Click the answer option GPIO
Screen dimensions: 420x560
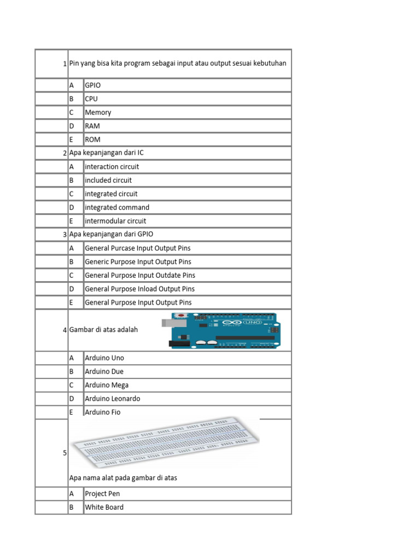coord(93,85)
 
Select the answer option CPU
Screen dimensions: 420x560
coord(91,99)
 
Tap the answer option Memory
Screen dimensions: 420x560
coord(98,113)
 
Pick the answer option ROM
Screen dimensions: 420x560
coord(92,139)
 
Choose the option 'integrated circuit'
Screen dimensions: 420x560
coord(111,194)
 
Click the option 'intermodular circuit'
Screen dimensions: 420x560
coord(115,221)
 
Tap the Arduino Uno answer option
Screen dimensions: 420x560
coord(104,358)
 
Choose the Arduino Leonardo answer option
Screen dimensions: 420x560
coord(112,399)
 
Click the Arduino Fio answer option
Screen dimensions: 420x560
coord(102,412)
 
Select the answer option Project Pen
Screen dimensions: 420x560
coord(102,494)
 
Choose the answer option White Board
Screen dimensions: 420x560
coord(104,507)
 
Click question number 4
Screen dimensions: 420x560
coord(65,330)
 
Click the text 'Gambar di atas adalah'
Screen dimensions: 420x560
coord(103,330)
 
